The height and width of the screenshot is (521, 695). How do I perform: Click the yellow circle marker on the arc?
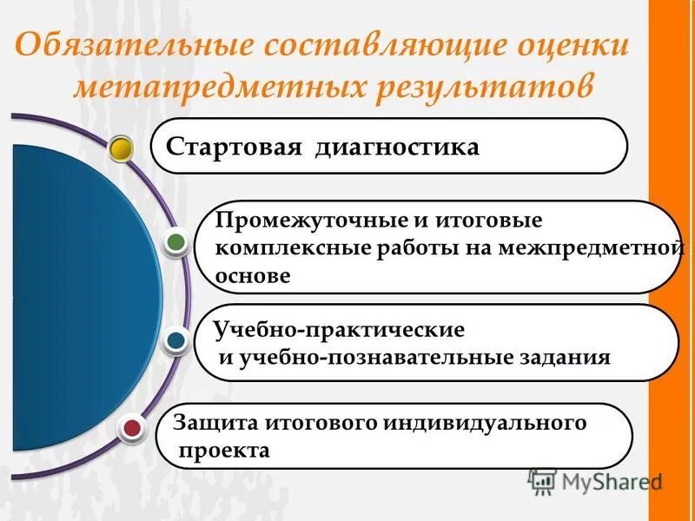(122, 149)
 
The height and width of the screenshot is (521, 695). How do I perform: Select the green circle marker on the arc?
(175, 242)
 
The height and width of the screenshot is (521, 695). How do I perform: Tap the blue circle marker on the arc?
(176, 340)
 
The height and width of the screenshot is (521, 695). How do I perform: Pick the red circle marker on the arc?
(133, 427)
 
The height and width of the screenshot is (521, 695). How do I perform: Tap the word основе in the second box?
(252, 275)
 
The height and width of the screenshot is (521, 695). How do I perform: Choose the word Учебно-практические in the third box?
(340, 330)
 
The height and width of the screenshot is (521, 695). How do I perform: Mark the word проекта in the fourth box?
(224, 451)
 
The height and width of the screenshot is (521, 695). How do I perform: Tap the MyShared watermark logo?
(594, 480)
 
